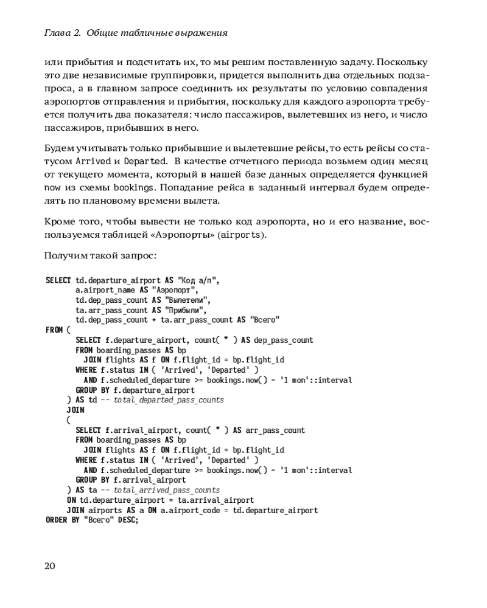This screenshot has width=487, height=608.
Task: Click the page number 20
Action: pos(50,566)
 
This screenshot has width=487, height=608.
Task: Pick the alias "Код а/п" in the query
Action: pos(197,281)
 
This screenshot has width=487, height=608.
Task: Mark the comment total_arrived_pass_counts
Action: pos(167,490)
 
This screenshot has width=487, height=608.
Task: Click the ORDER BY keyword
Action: pos(63,520)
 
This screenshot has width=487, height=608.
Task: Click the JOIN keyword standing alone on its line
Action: pos(75,410)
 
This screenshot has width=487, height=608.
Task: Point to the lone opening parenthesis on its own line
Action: pos(69,420)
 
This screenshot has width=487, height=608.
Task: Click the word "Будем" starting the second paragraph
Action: pos(59,148)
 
